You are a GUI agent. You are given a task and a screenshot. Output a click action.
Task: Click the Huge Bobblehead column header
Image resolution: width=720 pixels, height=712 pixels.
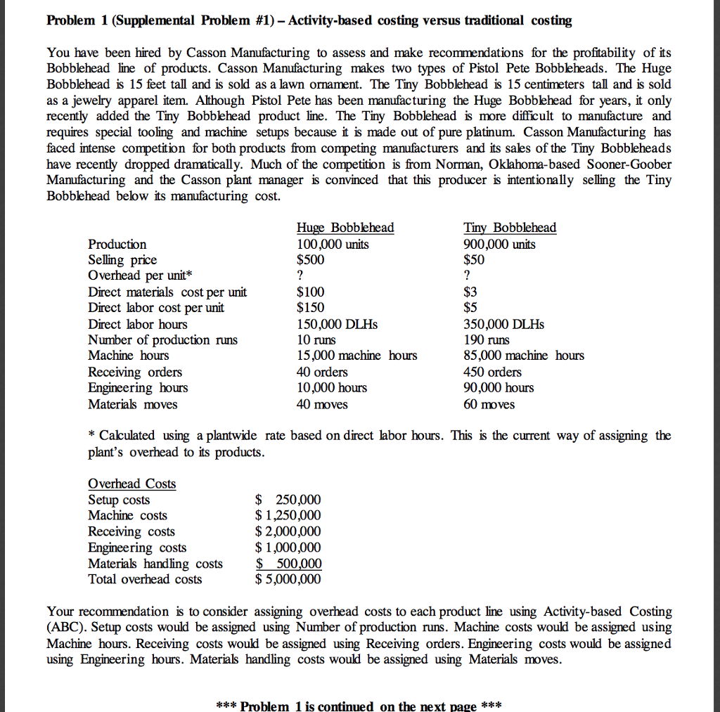[345, 228]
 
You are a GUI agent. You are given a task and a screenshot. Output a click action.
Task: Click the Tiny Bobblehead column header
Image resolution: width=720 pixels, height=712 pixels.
[510, 228]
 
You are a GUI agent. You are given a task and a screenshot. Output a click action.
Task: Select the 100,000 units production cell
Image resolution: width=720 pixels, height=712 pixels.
[333, 244]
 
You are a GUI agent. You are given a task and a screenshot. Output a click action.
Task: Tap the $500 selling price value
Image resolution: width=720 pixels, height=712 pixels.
[311, 259]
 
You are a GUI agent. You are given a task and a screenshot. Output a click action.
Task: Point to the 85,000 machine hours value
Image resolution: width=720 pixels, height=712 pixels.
[523, 356]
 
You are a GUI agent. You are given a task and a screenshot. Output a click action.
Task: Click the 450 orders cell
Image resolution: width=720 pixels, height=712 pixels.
[492, 372]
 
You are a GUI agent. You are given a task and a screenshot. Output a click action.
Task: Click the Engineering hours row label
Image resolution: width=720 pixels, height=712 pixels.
[138, 388]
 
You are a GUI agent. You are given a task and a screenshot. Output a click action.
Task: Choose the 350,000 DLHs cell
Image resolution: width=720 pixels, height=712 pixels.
[503, 324]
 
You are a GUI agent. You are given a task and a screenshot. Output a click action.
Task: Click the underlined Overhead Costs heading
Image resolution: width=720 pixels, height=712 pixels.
[131, 484]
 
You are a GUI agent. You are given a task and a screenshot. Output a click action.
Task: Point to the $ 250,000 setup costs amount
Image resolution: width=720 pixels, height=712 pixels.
[288, 500]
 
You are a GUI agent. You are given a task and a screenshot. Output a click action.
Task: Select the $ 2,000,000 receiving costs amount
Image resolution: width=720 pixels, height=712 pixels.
[288, 531]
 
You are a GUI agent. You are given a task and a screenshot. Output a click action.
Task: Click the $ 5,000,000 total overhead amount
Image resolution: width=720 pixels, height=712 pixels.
[288, 579]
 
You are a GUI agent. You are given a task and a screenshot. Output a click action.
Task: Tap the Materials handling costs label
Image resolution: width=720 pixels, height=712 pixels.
[155, 564]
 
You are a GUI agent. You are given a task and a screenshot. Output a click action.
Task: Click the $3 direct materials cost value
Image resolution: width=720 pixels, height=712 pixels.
[470, 292]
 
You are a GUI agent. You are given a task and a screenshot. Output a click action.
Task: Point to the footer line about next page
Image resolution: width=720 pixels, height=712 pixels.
[359, 705]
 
